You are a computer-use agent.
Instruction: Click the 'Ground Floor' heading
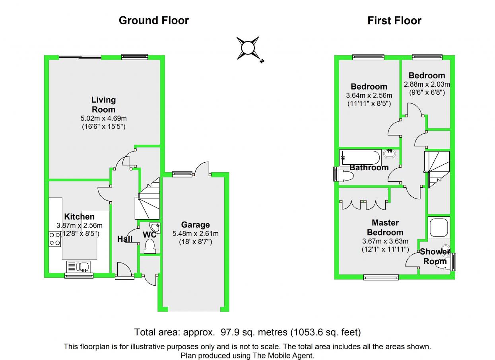153,20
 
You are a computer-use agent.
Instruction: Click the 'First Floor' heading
394,21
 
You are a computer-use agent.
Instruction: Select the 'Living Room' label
103,105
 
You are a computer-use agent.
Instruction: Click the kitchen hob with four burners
55,238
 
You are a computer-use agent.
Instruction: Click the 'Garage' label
195,225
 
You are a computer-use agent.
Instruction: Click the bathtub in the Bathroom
360,158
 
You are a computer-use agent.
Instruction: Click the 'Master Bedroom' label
385,228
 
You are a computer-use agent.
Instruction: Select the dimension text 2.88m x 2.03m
427,84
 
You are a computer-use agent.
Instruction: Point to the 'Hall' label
125,239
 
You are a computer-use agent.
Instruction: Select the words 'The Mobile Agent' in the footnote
284,355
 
